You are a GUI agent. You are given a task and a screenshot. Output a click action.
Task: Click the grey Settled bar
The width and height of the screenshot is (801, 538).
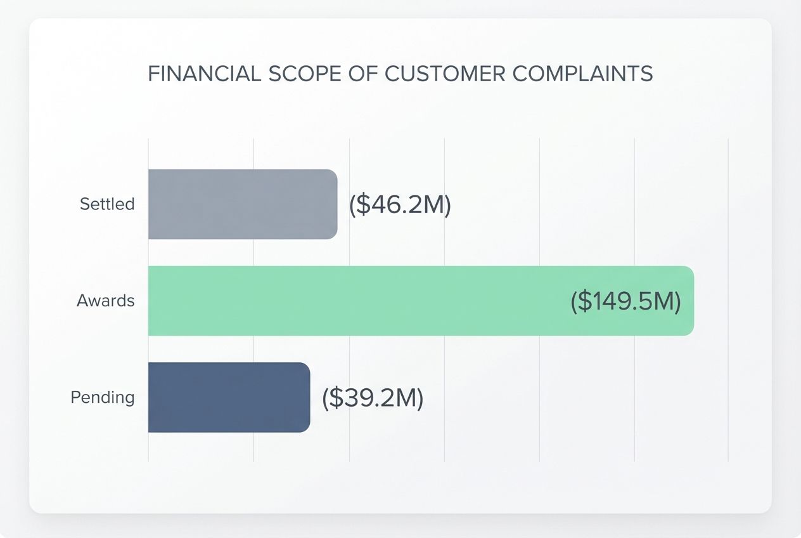pyautogui.click(x=243, y=204)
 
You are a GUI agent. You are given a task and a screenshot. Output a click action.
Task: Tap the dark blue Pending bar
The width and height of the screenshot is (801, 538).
pyautogui.click(x=229, y=398)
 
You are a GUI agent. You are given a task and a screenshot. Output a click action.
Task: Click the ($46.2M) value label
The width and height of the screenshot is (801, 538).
pyautogui.click(x=400, y=205)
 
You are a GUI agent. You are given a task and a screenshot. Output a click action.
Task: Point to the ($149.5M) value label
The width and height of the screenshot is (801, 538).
pyautogui.click(x=625, y=301)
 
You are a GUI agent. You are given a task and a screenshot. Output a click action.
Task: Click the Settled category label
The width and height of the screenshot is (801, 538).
pyautogui.click(x=107, y=204)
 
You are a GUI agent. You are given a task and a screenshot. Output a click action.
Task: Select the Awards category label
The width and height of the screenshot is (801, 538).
pyautogui.click(x=106, y=301)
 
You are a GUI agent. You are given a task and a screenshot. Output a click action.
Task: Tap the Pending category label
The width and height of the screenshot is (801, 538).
pyautogui.click(x=103, y=398)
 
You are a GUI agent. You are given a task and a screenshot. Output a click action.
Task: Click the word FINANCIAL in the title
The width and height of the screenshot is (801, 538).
pyautogui.click(x=204, y=74)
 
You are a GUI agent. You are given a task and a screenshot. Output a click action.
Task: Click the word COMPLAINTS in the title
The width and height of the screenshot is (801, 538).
pyautogui.click(x=582, y=74)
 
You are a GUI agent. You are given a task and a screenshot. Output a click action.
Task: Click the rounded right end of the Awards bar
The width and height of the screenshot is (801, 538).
pyautogui.click(x=689, y=301)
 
